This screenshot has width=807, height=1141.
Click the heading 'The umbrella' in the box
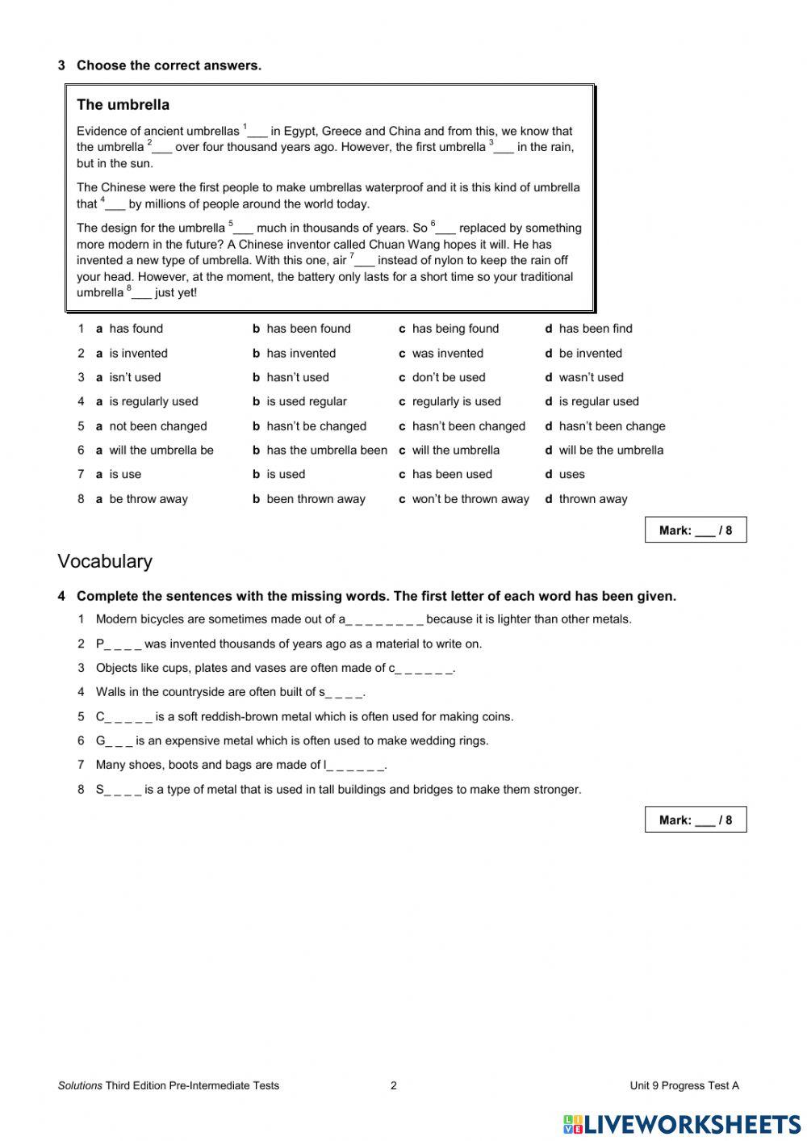(123, 105)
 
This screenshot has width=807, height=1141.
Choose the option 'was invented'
(447, 353)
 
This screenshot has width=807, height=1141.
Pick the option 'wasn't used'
(590, 377)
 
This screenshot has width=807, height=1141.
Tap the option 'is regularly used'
(153, 401)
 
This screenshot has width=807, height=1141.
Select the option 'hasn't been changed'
(467, 426)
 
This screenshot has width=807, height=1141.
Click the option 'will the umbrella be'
(161, 451)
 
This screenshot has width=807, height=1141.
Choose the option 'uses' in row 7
(571, 475)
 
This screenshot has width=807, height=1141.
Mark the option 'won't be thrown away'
(470, 499)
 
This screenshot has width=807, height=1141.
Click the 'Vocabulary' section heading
(105, 561)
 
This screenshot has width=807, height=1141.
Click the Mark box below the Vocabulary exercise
(695, 820)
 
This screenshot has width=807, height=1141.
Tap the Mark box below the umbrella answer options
(695, 531)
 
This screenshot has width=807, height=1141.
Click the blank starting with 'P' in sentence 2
(119, 644)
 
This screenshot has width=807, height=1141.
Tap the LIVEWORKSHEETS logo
(682, 1124)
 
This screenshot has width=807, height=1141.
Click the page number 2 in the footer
(394, 1085)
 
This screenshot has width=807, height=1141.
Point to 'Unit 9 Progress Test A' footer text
(684, 1085)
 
